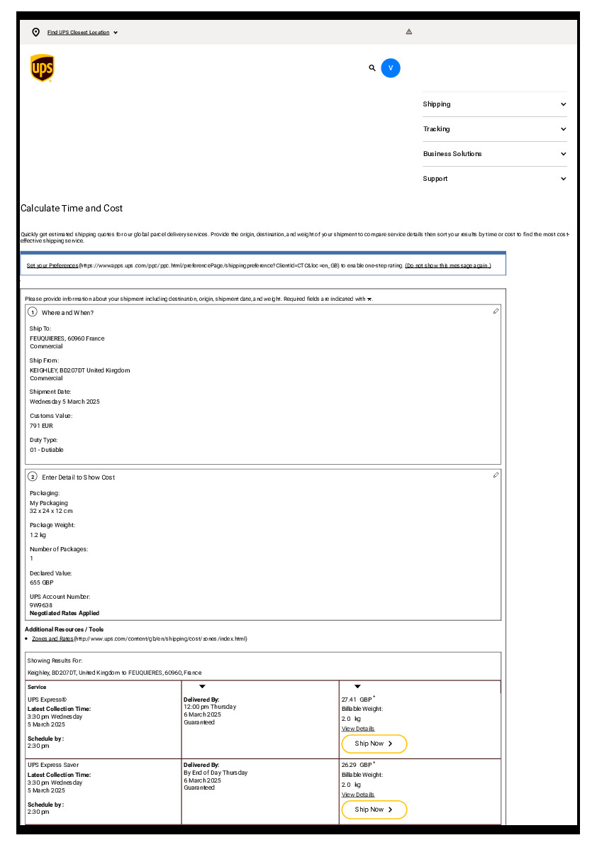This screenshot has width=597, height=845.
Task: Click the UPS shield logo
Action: (x=43, y=68)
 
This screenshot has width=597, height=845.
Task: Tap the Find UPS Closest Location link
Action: (x=79, y=33)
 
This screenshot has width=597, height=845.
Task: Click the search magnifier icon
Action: (x=372, y=68)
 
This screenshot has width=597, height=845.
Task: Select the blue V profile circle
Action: (x=391, y=68)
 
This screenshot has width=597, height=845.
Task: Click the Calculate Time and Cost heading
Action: (x=72, y=209)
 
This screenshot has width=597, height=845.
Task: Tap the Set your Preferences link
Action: (x=52, y=265)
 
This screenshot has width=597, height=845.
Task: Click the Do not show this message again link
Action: (x=447, y=265)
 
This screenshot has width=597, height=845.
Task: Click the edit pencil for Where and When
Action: (x=496, y=311)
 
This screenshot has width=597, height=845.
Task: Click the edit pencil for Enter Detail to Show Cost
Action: (x=496, y=475)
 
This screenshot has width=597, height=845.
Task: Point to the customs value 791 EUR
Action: (x=41, y=426)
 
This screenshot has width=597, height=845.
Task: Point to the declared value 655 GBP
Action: (x=41, y=582)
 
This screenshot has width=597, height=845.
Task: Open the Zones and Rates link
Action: (x=52, y=639)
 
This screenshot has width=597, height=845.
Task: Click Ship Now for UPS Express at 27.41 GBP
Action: (x=374, y=744)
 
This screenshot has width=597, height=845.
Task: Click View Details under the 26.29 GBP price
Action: (x=358, y=795)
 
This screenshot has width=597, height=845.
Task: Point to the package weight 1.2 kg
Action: (x=38, y=535)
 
